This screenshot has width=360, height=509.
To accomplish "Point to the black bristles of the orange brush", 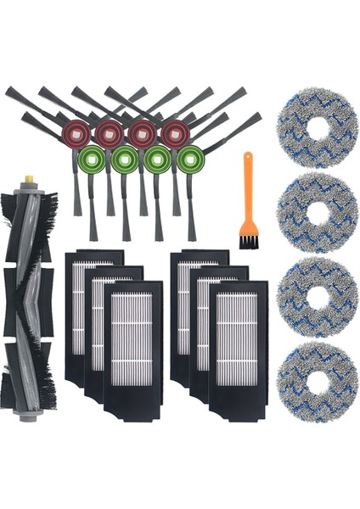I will pos(248,241).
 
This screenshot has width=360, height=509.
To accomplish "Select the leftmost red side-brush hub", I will pos(73,131).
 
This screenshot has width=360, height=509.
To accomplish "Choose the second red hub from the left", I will pos(107,131).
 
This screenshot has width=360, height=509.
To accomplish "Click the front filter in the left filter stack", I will pos(132,339).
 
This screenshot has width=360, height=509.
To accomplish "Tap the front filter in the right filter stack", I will pos(237,339).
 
